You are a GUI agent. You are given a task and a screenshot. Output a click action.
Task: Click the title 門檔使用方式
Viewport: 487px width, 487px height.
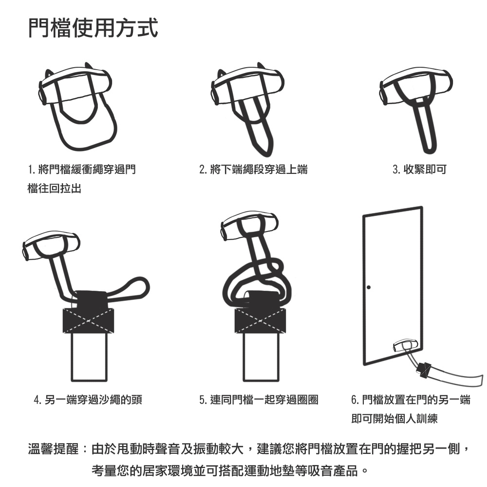[x=93, y=28]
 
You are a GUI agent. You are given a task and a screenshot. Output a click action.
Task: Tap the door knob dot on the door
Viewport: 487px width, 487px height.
[x=368, y=287]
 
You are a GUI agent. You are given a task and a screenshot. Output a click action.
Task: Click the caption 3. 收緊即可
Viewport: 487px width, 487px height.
[x=419, y=169]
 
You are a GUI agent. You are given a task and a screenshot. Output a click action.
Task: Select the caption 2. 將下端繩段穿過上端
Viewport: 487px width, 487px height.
[x=253, y=169]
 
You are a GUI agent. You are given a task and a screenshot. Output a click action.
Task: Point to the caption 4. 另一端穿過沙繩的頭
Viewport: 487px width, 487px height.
[x=88, y=400]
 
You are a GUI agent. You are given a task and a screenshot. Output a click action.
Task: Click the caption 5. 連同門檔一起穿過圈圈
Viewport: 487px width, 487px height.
[x=259, y=400]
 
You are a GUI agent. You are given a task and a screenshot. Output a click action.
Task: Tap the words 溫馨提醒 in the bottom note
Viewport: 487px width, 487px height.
[x=53, y=449]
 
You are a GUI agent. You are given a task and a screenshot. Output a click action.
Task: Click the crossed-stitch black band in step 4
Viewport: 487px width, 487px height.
[x=89, y=320]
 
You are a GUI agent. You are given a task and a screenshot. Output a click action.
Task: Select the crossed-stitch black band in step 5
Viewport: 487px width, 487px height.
[x=260, y=320]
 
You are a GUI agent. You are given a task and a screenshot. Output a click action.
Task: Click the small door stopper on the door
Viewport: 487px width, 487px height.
[x=405, y=345]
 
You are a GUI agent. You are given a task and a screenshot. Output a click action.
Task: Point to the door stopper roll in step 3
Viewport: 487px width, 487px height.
[x=416, y=85]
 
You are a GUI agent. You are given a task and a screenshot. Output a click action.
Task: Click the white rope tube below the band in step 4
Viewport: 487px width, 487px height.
[x=89, y=357]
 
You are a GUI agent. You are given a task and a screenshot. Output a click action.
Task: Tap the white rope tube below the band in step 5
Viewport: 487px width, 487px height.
[x=261, y=357]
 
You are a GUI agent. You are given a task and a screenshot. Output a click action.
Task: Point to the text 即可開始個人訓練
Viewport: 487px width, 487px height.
[x=394, y=419]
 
